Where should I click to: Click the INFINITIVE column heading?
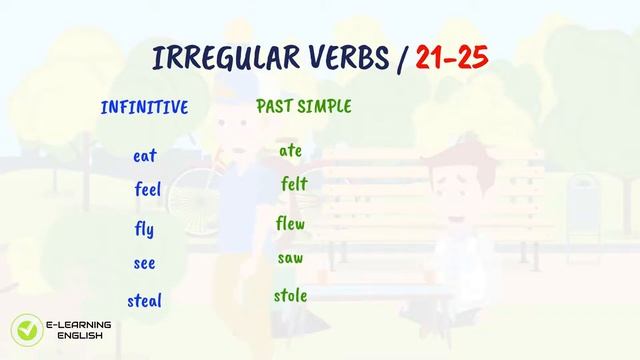coord(144,107)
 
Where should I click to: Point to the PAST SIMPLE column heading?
coord(304,105)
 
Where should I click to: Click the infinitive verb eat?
coord(144,156)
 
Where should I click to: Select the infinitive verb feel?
coord(147,189)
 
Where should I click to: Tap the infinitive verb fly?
coord(144,230)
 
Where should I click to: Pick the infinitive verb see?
coord(144,264)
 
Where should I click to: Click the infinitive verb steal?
coord(144,300)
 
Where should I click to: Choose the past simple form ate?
coord(290,151)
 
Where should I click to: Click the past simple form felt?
coord(294,184)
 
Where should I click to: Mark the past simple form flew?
coord(290,223)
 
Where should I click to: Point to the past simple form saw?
coord(290,259)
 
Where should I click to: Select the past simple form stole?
coord(290,296)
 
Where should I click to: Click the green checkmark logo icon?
coord(24,330)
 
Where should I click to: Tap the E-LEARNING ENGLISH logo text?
coord(79,330)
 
